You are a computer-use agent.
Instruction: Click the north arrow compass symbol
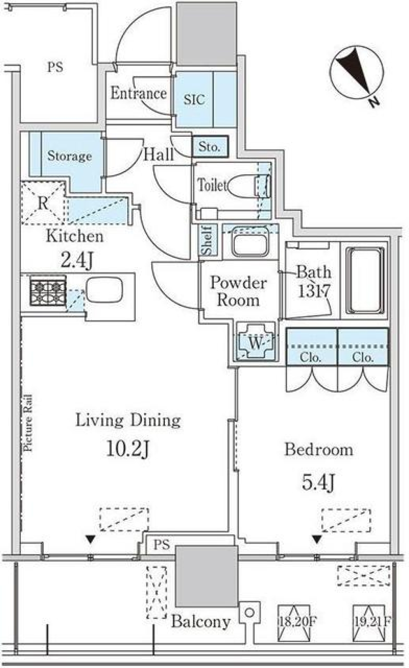click(356, 74)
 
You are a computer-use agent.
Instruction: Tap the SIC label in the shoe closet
click(194, 99)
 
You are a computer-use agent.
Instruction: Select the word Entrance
click(138, 93)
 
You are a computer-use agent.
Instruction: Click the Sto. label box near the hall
click(210, 147)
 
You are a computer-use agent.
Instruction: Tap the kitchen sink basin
click(104, 291)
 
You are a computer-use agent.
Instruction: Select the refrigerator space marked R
click(43, 203)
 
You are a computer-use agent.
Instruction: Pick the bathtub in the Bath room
click(365, 281)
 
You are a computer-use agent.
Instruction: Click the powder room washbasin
click(250, 241)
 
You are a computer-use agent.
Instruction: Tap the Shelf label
click(207, 240)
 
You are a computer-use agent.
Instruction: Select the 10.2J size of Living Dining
click(128, 449)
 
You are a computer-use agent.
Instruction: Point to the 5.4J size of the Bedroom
click(318, 483)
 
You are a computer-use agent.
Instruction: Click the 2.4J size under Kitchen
click(77, 261)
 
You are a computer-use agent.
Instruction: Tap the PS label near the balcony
click(162, 545)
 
